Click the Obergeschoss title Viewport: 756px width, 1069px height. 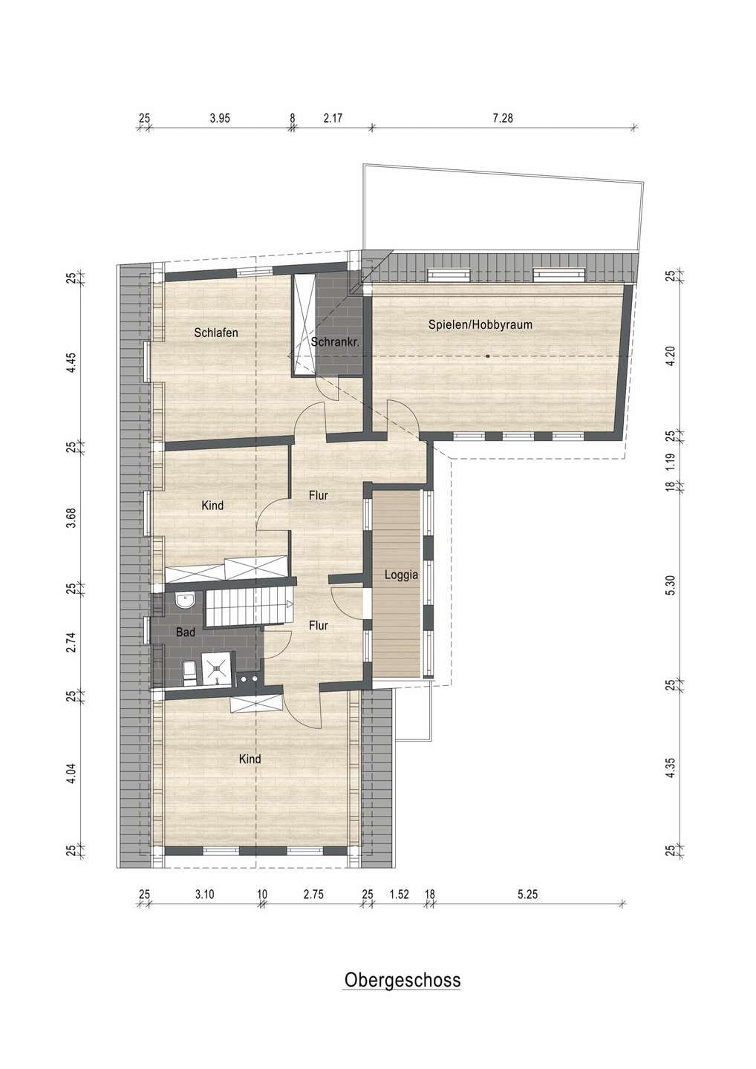pyautogui.click(x=403, y=979)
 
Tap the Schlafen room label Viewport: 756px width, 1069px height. pyautogui.click(x=215, y=333)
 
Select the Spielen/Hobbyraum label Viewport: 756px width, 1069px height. pyautogui.click(x=480, y=325)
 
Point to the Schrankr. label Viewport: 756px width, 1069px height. pyautogui.click(x=335, y=342)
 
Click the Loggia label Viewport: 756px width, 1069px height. pyautogui.click(x=401, y=575)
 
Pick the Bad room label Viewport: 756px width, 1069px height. pyautogui.click(x=186, y=632)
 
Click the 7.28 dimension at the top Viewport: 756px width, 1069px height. pyautogui.click(x=503, y=117)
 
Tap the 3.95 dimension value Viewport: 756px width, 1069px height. pyautogui.click(x=220, y=117)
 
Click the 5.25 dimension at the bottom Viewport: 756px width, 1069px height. pyautogui.click(x=527, y=895)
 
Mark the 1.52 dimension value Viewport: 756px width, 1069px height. pyautogui.click(x=399, y=895)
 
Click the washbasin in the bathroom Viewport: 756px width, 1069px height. pyautogui.click(x=184, y=600)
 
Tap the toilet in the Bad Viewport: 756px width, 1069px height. pyautogui.click(x=189, y=673)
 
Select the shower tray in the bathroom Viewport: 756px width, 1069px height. pyautogui.click(x=217, y=670)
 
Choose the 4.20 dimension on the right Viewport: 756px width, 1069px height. pyautogui.click(x=671, y=356)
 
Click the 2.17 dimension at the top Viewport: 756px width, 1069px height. pyautogui.click(x=333, y=117)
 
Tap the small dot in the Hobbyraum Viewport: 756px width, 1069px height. pyautogui.click(x=488, y=356)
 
